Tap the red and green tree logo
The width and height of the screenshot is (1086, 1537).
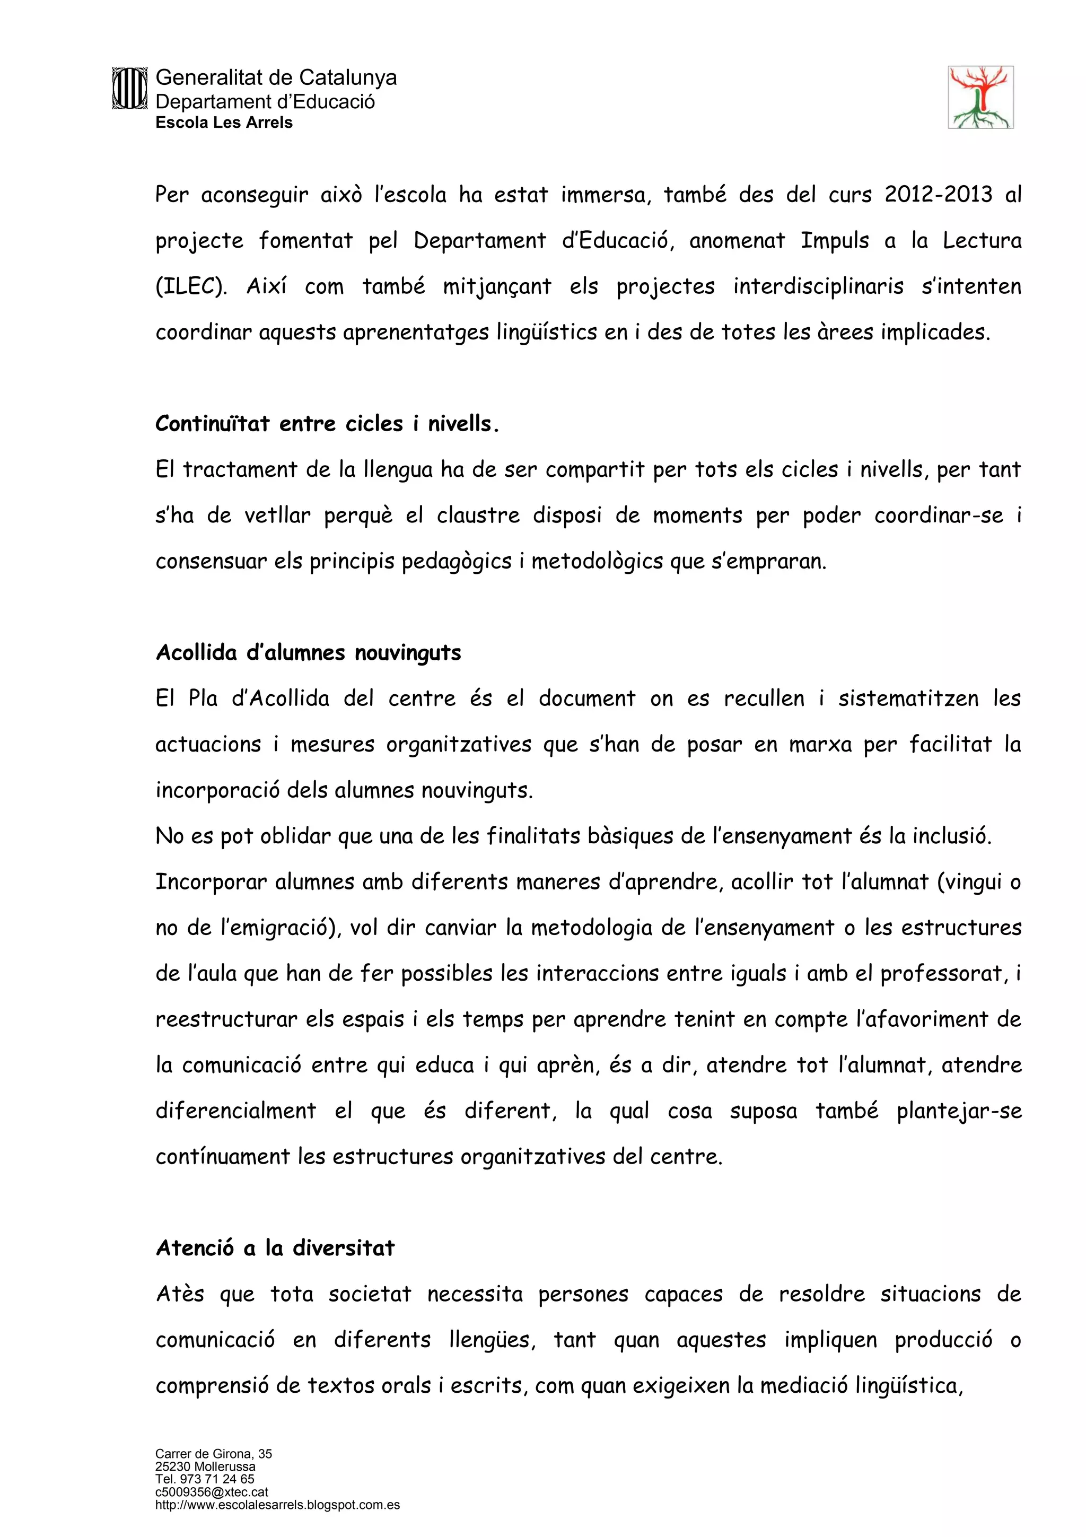pos(980,97)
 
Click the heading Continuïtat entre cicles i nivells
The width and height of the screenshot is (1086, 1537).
pos(327,424)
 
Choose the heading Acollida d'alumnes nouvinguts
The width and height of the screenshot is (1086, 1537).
pos(309,653)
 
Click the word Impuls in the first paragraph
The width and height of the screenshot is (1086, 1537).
pos(835,240)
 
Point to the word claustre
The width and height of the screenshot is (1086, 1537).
pos(478,516)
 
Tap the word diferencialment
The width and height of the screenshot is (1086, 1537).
pos(235,1111)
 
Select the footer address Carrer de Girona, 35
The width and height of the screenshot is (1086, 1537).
pos(214,1453)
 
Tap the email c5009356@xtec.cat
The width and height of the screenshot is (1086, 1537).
pos(212,1491)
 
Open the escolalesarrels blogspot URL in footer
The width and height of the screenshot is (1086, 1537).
pos(277,1504)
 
